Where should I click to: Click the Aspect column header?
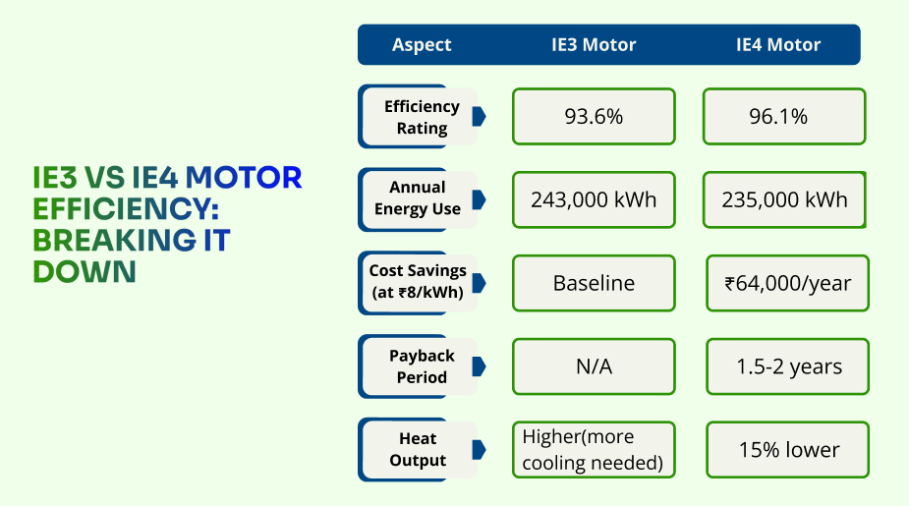[422, 45]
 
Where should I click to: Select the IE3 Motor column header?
[593, 45]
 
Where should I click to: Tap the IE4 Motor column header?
[777, 45]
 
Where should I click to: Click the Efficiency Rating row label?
[422, 117]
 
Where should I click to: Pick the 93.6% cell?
[594, 117]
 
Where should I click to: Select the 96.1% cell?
[783, 117]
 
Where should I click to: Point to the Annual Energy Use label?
[418, 198]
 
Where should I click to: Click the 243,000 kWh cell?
[594, 199]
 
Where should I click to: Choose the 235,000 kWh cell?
[783, 199]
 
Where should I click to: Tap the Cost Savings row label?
[418, 282]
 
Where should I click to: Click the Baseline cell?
[594, 284]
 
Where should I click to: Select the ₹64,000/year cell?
[787, 284]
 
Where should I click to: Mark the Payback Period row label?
[422, 366]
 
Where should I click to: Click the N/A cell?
[594, 366]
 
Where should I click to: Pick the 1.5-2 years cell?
[787, 366]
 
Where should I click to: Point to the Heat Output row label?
[418, 449]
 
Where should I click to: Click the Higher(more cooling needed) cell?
[594, 450]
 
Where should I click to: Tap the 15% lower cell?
[787, 450]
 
